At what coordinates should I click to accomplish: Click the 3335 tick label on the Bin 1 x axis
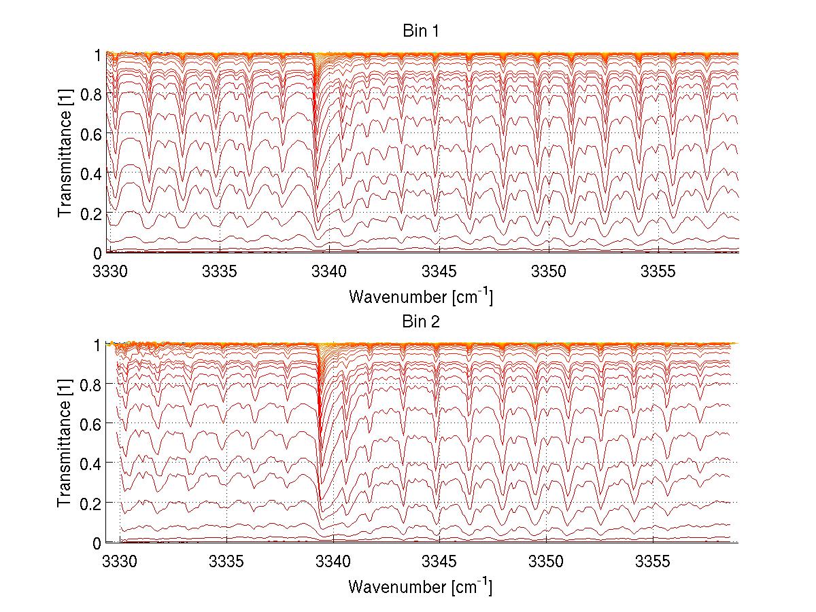(x=220, y=272)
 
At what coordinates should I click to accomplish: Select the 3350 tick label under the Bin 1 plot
(x=549, y=272)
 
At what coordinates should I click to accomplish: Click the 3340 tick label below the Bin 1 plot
(x=330, y=272)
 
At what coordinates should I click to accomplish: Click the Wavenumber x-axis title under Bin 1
(x=420, y=297)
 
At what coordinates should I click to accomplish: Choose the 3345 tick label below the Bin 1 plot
(x=439, y=272)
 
